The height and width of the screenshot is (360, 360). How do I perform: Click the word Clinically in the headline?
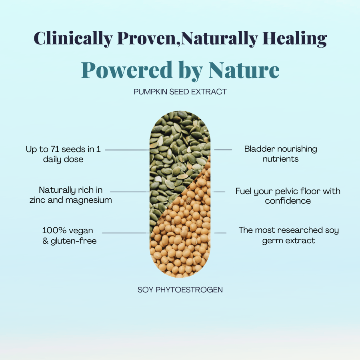coord(73,38)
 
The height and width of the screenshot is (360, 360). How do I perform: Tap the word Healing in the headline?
coord(294,38)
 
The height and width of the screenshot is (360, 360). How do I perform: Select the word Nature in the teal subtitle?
coord(244,70)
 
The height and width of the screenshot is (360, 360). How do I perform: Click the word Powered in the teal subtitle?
coord(126,70)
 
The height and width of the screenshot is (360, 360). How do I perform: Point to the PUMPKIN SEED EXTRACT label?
coord(180,92)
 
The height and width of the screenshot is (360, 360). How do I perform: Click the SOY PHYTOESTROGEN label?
coord(180,290)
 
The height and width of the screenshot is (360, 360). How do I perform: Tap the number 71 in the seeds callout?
coord(55,149)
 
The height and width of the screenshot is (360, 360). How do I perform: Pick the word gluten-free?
coord(74,241)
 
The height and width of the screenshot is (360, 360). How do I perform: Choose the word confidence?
coord(288,201)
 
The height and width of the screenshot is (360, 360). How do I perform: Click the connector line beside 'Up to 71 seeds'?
coord(128,150)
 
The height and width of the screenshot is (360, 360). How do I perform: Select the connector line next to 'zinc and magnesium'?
coord(130,192)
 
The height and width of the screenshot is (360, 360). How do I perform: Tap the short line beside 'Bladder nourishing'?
coord(223,150)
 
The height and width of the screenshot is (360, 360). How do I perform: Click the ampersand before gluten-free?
coord(46,241)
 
